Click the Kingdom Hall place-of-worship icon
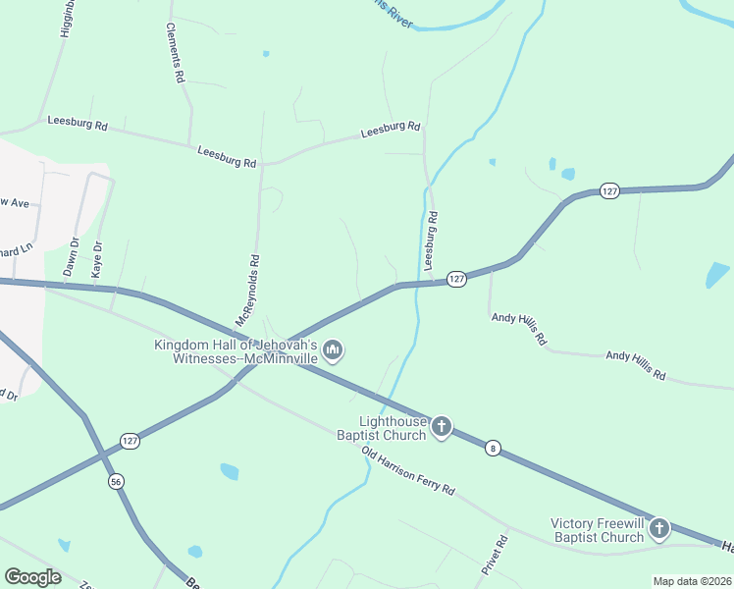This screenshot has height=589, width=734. tap(333, 350)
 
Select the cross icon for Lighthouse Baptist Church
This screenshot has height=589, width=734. tap(442, 426)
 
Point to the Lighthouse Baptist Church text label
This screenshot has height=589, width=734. tap(382, 428)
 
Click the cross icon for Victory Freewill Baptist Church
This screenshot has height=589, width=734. tap(658, 529)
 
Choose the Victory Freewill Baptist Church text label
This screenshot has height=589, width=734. tap(597, 530)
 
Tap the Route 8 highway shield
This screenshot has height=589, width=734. tap(493, 448)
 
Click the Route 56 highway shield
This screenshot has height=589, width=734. tap(117, 482)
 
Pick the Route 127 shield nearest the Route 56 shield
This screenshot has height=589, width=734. tap(131, 442)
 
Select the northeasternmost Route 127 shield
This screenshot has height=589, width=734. tap(609, 191)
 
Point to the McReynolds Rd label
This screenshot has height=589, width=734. tap(247, 292)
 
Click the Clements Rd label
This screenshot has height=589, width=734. tap(176, 52)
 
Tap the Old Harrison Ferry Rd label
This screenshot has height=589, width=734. tap(408, 470)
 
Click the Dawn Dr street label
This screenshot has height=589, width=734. tap(71, 257)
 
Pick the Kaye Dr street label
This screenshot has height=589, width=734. tap(97, 260)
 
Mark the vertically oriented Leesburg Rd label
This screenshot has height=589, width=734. tap(429, 240)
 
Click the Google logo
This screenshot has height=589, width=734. tap(33, 577)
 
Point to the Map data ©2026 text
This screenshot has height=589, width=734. tap(693, 581)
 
